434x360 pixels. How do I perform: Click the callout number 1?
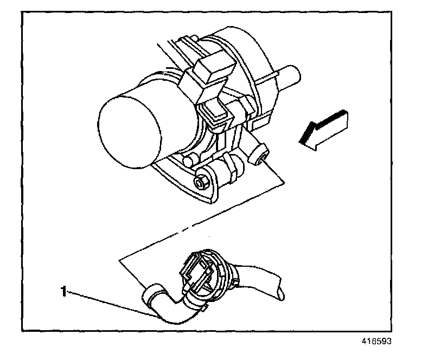point(64,292)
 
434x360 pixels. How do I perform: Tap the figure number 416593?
point(374,342)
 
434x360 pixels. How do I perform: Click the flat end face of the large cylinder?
point(129,126)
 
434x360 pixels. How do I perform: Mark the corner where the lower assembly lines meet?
point(119,260)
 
